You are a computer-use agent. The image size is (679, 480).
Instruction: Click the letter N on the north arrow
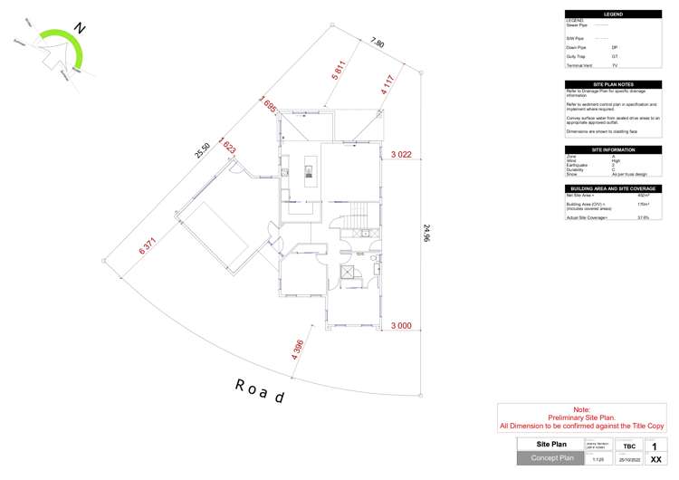point(80,28)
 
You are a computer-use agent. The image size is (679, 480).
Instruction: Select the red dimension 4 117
point(390,80)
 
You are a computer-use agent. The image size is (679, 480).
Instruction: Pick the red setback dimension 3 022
point(401,155)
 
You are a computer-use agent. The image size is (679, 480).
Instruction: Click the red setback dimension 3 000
point(401,325)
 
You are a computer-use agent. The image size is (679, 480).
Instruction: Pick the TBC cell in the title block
point(628,446)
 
